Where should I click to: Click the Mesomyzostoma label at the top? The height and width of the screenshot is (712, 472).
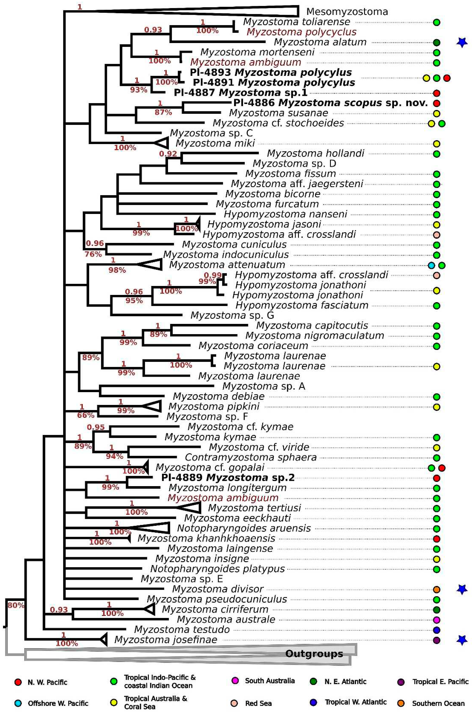pos(347,12)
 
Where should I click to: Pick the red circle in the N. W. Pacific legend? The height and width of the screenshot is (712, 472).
pos(18,682)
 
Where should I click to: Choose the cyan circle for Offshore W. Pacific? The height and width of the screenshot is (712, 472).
pos(18,703)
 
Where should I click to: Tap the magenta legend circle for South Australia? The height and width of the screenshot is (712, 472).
pos(235,681)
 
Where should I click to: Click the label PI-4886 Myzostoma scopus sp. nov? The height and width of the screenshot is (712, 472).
pos(330,103)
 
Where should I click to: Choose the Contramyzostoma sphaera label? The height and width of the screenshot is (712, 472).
pos(250,457)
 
